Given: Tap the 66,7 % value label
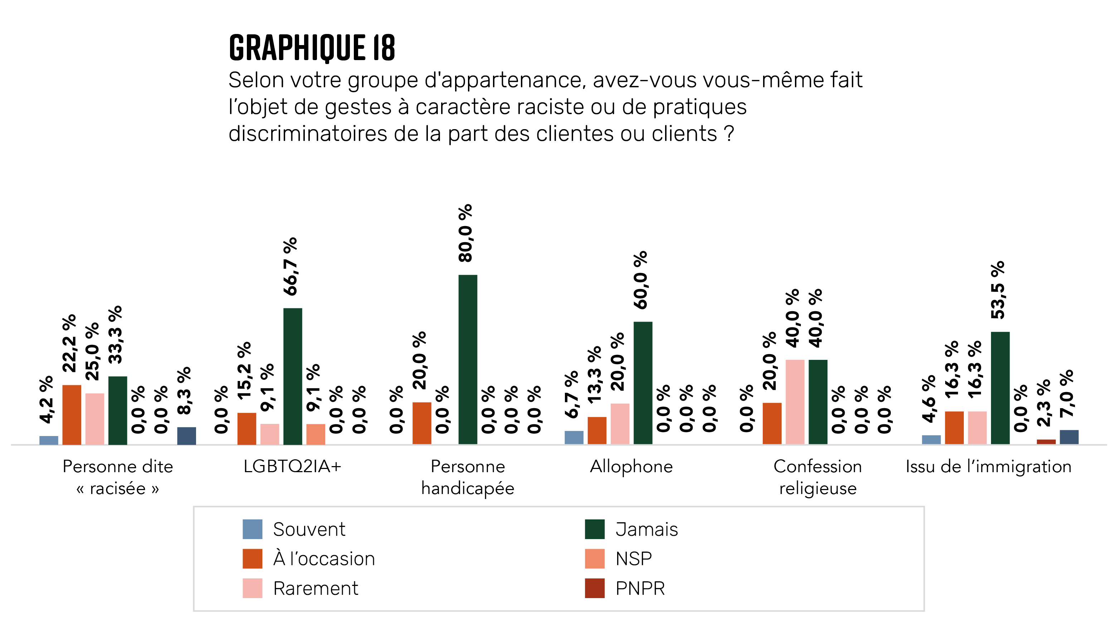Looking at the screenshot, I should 291,266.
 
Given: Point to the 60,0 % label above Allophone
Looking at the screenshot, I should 641,280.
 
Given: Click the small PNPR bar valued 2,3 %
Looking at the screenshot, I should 1046,442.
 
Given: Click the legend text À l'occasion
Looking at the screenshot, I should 324,558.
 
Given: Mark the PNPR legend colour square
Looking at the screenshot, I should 594,588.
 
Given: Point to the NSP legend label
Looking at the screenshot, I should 633,558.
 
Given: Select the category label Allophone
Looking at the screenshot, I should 631,466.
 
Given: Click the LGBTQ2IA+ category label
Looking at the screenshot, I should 292,466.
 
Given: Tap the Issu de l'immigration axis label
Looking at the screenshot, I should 988,466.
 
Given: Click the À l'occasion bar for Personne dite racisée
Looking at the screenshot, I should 72,414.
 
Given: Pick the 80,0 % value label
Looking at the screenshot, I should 465,233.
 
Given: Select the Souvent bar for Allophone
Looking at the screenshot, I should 574,437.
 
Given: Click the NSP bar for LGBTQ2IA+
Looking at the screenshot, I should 316,434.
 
